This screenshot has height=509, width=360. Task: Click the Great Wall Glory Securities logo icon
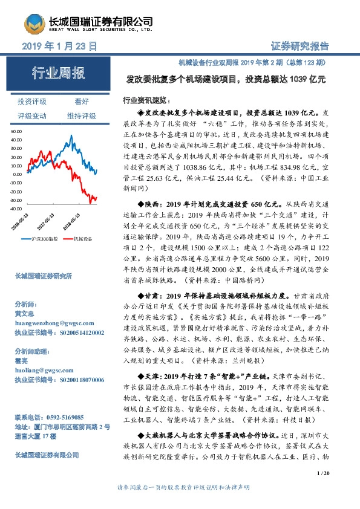[35, 22]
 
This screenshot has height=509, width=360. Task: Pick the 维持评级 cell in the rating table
[82, 115]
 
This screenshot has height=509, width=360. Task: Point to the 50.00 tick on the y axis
[16, 131]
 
